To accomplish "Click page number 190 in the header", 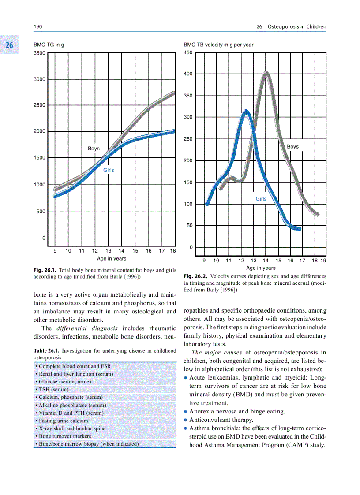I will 38,27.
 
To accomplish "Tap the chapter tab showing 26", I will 9,45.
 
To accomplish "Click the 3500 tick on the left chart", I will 39,53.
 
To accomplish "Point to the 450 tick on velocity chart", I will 188,53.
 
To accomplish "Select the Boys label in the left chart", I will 94,149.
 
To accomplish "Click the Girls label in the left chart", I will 109,170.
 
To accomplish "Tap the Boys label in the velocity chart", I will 292,147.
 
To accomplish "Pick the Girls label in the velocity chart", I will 261,199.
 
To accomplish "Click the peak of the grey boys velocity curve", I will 266,73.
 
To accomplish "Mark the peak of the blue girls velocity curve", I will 246,111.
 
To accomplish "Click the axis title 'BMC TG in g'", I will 49,45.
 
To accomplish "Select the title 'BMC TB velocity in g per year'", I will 218,45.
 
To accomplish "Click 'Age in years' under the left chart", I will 112,259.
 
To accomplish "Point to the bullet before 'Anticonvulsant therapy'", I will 186,420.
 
